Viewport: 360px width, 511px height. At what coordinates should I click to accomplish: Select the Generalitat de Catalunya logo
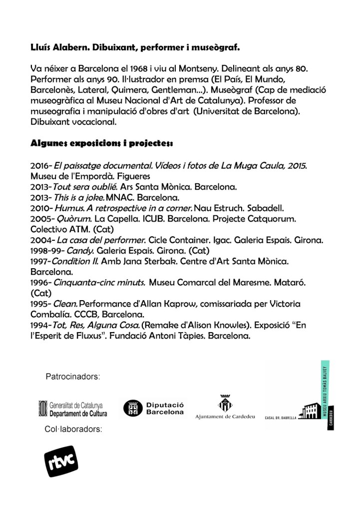pos(73,409)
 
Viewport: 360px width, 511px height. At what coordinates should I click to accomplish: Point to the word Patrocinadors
pos(73,376)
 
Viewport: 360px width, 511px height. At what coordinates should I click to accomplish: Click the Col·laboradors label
pos(73,429)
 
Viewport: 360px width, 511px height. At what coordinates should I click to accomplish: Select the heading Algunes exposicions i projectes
pos(101,144)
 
